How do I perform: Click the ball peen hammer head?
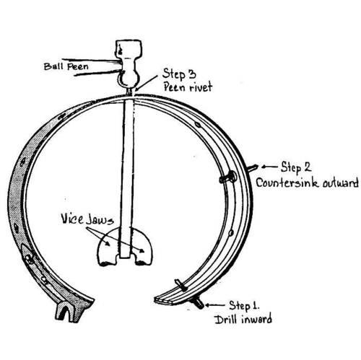129,63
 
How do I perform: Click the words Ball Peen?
66,66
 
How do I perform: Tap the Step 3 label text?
179,74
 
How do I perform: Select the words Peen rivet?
188,87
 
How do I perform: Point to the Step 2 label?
296,167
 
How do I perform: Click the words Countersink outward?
307,183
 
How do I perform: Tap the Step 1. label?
244,305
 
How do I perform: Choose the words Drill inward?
243,319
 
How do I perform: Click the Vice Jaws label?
87,219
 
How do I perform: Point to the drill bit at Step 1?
197,303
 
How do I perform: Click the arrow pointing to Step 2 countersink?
269,167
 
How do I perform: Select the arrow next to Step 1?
215,305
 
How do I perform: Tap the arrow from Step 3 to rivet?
147,83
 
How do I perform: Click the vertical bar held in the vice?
127,178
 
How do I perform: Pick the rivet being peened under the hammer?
129,92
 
